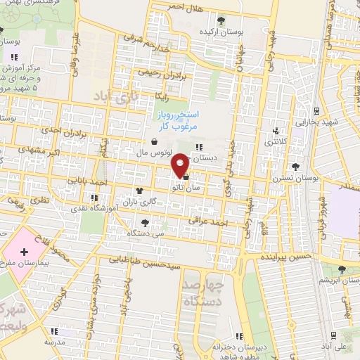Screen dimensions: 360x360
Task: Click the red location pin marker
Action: [x=180, y=164]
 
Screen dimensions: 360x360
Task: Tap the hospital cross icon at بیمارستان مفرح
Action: [x=25, y=251]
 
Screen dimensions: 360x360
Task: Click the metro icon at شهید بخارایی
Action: [x=316, y=110]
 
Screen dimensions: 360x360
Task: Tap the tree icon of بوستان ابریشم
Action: [x=342, y=269]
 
